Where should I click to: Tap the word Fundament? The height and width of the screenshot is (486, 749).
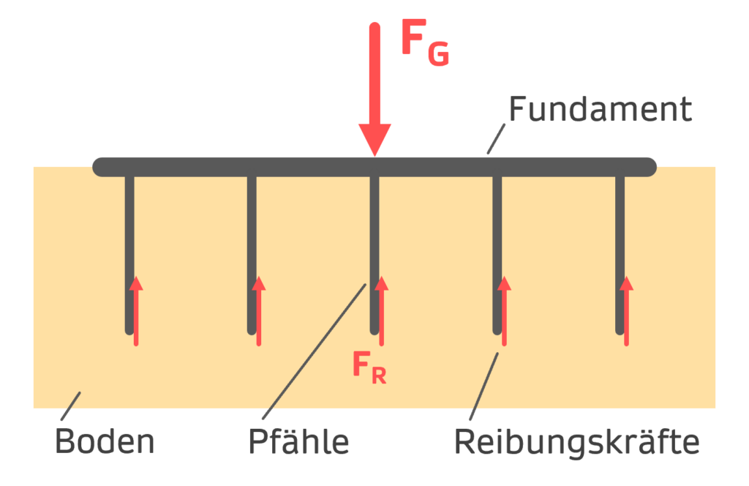pyautogui.click(x=600, y=110)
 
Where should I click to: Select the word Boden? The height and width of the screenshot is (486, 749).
pyautogui.click(x=105, y=442)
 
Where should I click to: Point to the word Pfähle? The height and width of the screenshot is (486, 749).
pyautogui.click(x=298, y=442)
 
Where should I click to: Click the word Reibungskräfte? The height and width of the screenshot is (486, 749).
pyautogui.click(x=576, y=442)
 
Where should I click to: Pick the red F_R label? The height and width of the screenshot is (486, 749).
pyautogui.click(x=368, y=365)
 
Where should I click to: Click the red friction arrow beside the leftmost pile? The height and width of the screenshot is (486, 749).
pyautogui.click(x=136, y=311)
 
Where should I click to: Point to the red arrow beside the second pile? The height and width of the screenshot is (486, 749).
pyautogui.click(x=258, y=311)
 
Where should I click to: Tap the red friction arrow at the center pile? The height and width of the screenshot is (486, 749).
pyautogui.click(x=381, y=311)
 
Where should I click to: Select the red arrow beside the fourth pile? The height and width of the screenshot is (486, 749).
pyautogui.click(x=504, y=311)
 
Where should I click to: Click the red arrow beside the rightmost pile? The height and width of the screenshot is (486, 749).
pyautogui.click(x=626, y=311)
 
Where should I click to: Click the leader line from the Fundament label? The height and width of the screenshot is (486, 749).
pyautogui.click(x=496, y=138)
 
